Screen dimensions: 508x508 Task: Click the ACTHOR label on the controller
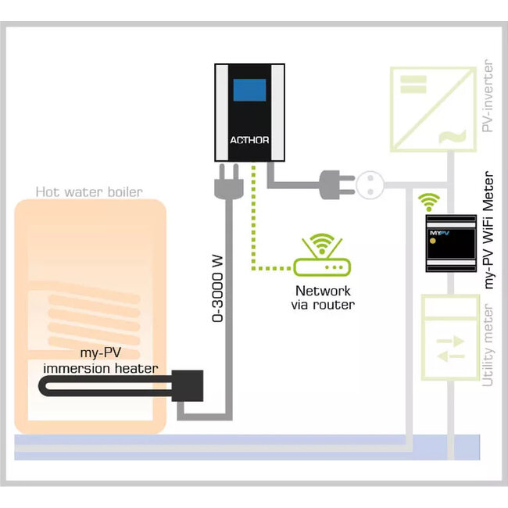tap(249, 141)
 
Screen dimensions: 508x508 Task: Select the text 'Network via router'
tap(317, 297)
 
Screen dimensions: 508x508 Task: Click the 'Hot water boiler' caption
tap(88, 191)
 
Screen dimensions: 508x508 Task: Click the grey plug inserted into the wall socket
tap(332, 184)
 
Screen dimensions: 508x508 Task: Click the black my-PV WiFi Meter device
tap(450, 245)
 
